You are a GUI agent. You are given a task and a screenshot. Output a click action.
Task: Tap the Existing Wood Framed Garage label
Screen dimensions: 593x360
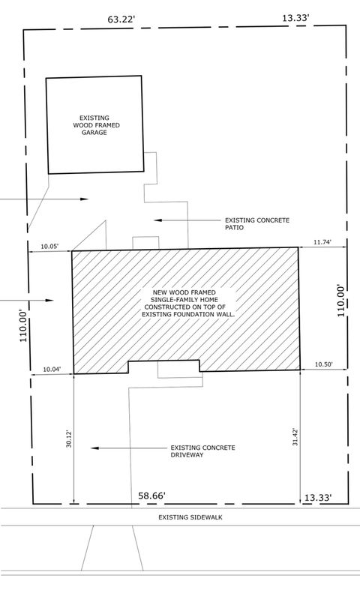pyautogui.click(x=95, y=124)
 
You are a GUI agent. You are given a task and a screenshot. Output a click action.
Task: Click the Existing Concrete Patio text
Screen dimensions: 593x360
pyautogui.click(x=256, y=224)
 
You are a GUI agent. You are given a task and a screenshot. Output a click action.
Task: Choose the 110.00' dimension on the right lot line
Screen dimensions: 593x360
pyautogui.click(x=341, y=299)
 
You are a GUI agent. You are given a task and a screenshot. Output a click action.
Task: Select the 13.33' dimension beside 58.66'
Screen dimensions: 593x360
pyautogui.click(x=314, y=497)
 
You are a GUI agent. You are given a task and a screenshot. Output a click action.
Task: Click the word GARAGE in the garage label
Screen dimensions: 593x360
pyautogui.click(x=95, y=132)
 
